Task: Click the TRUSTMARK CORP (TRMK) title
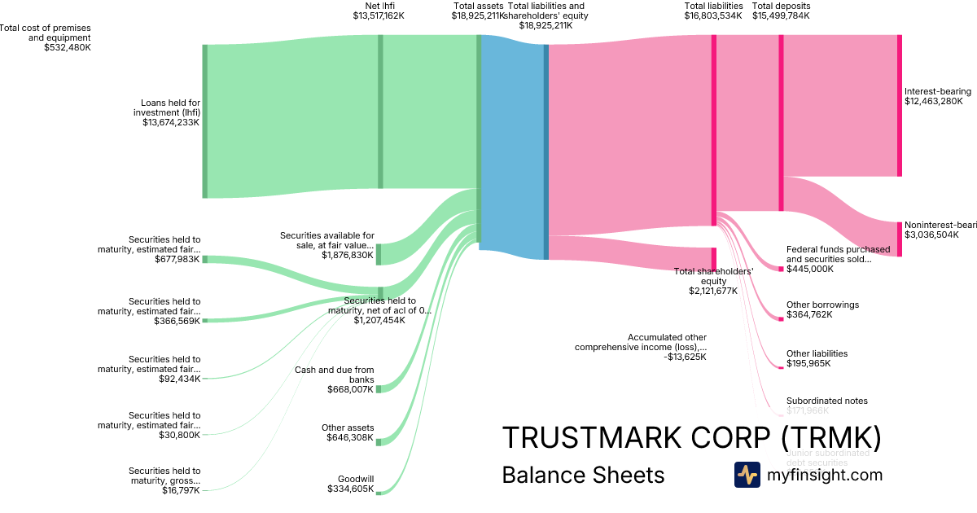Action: pyautogui.click(x=691, y=437)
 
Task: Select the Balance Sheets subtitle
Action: pyautogui.click(x=583, y=475)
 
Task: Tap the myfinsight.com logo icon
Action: pyautogui.click(x=747, y=475)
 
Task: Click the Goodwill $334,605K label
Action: pyautogui.click(x=350, y=484)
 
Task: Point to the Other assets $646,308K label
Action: pyautogui.click(x=348, y=432)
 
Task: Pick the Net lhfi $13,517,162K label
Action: pyautogui.click(x=379, y=11)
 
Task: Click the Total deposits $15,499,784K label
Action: pyautogui.click(x=781, y=11)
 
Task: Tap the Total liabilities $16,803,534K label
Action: pyautogui.click(x=713, y=11)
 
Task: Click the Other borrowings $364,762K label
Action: pyautogui.click(x=822, y=309)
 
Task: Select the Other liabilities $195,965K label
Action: pyautogui.click(x=817, y=358)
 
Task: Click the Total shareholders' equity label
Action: pyautogui.click(x=713, y=281)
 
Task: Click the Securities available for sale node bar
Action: pyautogui.click(x=379, y=253)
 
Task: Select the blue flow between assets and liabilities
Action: pyautogui.click(x=513, y=147)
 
